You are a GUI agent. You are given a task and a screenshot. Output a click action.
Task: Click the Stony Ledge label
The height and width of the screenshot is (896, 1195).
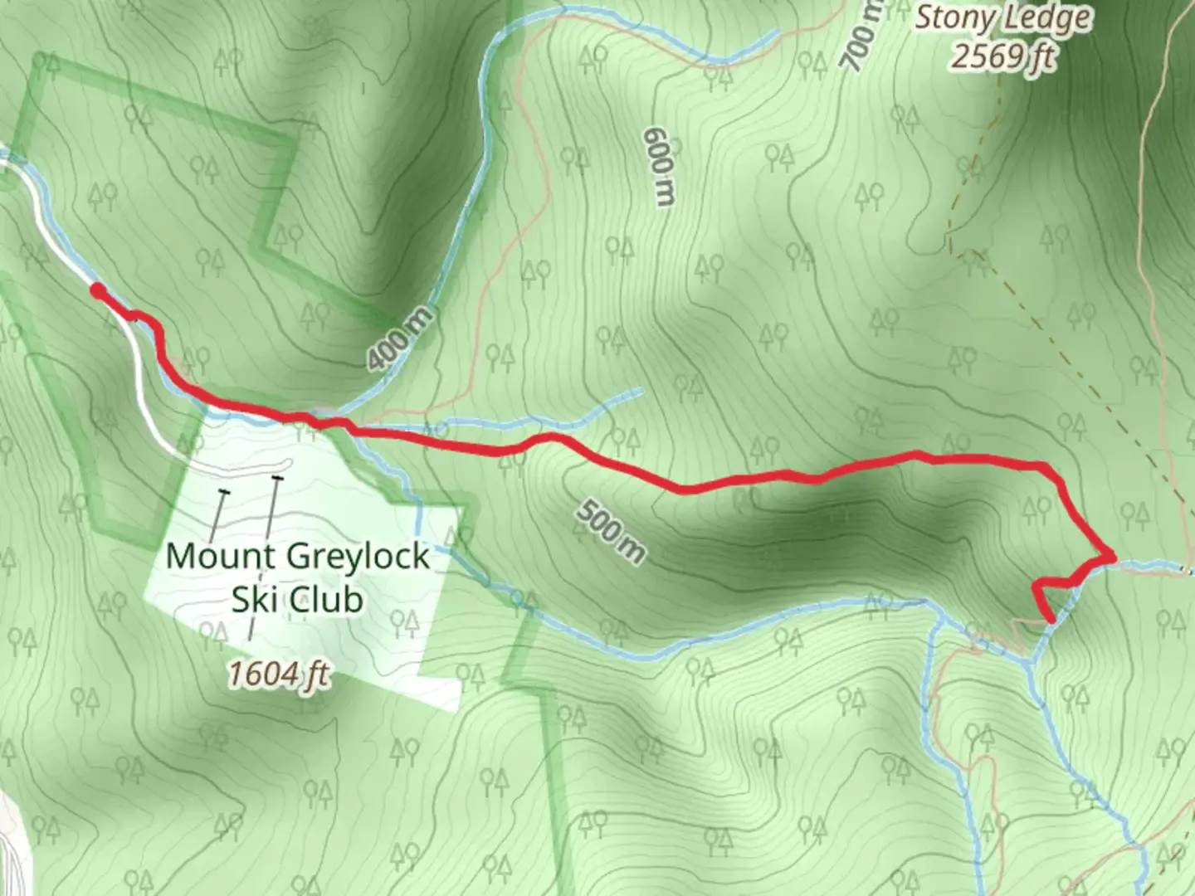(1002, 18)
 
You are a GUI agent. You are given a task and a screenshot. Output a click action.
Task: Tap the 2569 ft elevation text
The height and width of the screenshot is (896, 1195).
(1002, 56)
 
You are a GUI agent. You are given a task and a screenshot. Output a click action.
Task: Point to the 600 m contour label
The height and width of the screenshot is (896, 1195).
(661, 166)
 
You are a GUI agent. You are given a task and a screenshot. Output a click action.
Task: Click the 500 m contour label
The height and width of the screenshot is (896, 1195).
(610, 531)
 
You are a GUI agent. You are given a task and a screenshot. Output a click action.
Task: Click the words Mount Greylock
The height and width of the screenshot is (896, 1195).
(297, 555)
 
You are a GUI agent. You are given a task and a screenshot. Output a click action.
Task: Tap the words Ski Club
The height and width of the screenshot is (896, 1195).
(297, 598)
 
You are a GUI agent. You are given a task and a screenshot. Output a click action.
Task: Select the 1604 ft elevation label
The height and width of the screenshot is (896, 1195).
(278, 674)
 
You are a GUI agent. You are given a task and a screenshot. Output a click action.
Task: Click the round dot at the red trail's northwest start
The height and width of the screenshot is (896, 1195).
(98, 290)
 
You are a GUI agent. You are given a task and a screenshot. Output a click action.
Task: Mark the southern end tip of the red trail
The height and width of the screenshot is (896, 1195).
(1052, 619)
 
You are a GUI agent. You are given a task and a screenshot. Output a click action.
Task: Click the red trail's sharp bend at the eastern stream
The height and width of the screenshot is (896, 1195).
(1109, 558)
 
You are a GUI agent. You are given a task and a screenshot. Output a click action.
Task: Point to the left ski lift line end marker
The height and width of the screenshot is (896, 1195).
(222, 493)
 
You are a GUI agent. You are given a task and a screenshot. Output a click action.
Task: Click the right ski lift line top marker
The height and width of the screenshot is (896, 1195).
(277, 479)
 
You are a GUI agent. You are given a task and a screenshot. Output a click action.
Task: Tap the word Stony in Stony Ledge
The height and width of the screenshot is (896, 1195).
(954, 18)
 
